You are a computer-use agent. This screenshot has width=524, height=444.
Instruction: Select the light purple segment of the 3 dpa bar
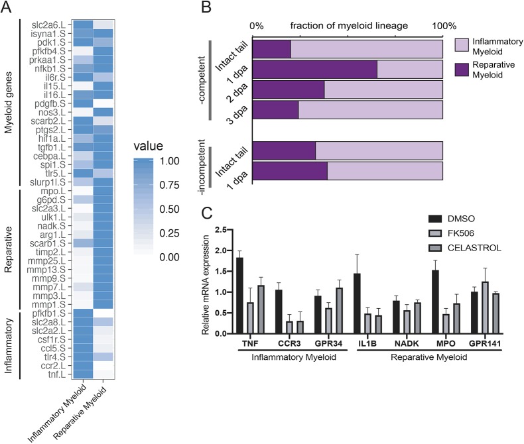pyautogui.click(x=370, y=111)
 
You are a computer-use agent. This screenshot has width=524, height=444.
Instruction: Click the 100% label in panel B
pyautogui.click(x=444, y=27)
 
